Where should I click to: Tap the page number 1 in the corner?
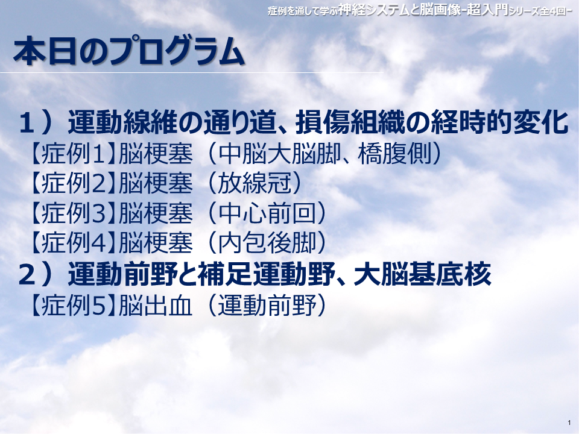(569, 423)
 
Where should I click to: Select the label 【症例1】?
(73, 154)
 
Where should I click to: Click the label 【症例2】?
(73, 183)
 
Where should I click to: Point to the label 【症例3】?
(73, 213)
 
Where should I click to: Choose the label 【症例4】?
(73, 243)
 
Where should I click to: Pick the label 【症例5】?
(73, 305)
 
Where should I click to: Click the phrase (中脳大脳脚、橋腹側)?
(325, 154)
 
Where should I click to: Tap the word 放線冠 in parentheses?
(255, 183)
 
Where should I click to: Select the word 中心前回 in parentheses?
(267, 213)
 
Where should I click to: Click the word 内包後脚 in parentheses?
(267, 243)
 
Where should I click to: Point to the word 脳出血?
(156, 305)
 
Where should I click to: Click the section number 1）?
(36, 122)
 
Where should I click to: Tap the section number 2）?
(36, 274)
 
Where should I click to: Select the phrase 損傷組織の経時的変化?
(431, 122)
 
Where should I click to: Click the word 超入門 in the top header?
(487, 9)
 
